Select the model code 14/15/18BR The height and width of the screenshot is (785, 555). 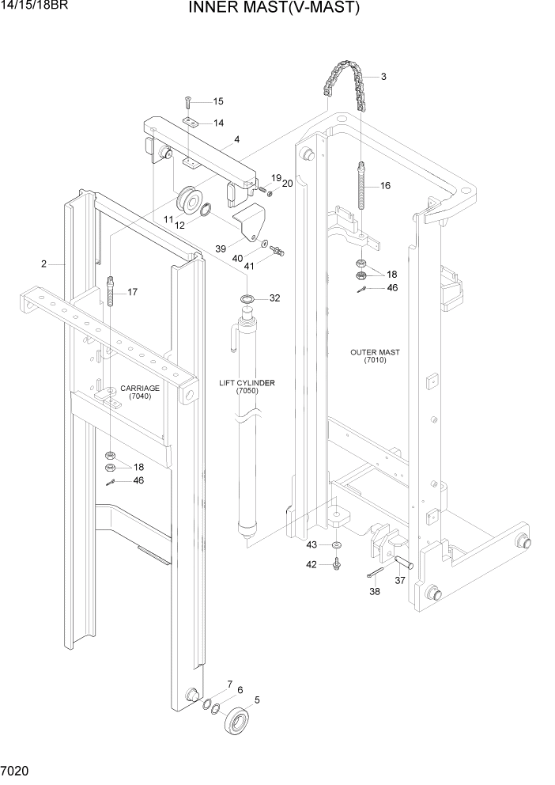pyautogui.click(x=36, y=7)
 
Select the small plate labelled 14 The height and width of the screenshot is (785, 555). pyautogui.click(x=190, y=122)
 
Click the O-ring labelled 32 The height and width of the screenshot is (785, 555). pyautogui.click(x=247, y=299)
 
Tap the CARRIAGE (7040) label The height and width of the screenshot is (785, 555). pyautogui.click(x=139, y=392)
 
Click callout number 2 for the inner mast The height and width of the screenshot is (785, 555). pyautogui.click(x=43, y=263)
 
